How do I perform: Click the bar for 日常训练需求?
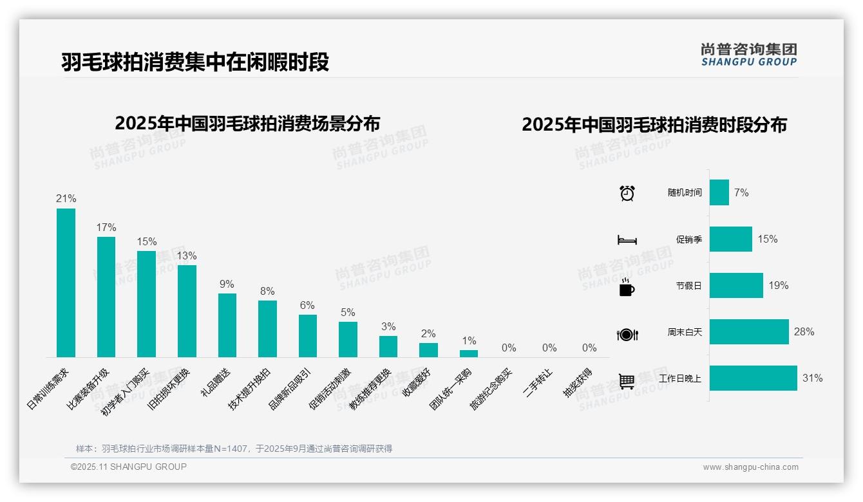click(x=66, y=283)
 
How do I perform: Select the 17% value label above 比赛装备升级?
click(x=106, y=228)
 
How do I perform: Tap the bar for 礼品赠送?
click(x=227, y=325)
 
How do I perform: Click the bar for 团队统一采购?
click(x=469, y=353)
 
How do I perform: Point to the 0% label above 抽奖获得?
click(x=589, y=348)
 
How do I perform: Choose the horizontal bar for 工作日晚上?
click(x=753, y=378)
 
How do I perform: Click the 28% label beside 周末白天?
click(x=804, y=332)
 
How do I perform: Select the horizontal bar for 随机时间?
click(x=719, y=192)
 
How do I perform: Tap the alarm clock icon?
click(x=627, y=193)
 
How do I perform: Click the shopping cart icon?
click(x=627, y=381)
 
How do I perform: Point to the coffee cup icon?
click(x=627, y=288)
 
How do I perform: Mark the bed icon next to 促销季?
click(x=627, y=240)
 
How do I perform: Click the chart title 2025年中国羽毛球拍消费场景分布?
click(x=247, y=124)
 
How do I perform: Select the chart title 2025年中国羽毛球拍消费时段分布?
click(x=654, y=125)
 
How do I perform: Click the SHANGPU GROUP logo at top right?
click(x=748, y=55)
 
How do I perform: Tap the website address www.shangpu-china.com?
click(x=750, y=467)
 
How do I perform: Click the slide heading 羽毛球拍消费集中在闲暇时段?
click(x=195, y=62)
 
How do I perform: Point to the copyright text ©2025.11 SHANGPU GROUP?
click(x=129, y=467)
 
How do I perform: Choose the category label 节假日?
click(x=688, y=286)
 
